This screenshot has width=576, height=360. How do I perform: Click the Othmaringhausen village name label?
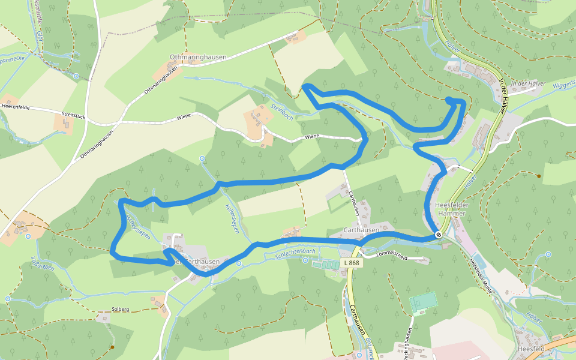click(x=198, y=57)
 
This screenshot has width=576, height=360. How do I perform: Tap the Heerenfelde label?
click(x=16, y=106)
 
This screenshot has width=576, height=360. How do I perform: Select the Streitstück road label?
click(x=74, y=114)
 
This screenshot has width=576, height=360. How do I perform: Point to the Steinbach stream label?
click(x=282, y=112)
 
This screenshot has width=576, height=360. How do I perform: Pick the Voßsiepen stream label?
click(x=42, y=264)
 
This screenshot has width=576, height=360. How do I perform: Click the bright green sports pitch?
click(x=424, y=302)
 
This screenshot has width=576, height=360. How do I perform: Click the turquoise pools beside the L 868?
click(x=324, y=263)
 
